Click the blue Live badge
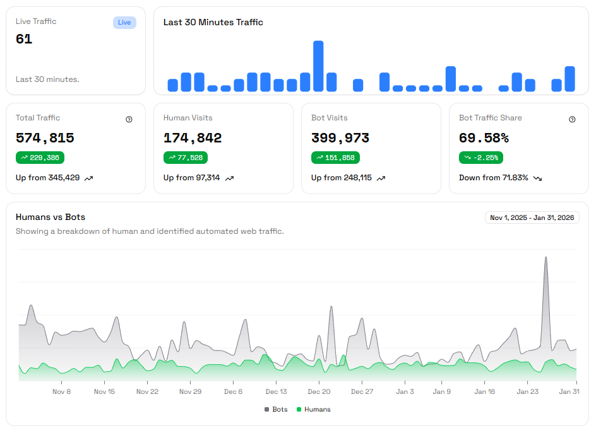(124, 23)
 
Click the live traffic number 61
(24, 39)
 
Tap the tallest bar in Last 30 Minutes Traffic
(318, 66)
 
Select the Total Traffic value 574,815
(45, 138)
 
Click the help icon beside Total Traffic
(129, 119)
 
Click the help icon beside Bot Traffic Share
(572, 119)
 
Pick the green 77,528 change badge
(185, 158)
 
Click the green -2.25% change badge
(480, 158)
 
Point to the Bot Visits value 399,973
(340, 138)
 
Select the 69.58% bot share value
(484, 138)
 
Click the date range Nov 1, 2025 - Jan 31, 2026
(532, 217)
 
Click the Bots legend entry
(276, 410)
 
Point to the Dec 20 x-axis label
(319, 391)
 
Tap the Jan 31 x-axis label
(569, 391)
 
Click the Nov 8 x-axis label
(61, 391)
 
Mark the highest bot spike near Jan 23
(545, 258)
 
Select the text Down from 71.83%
(494, 178)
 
